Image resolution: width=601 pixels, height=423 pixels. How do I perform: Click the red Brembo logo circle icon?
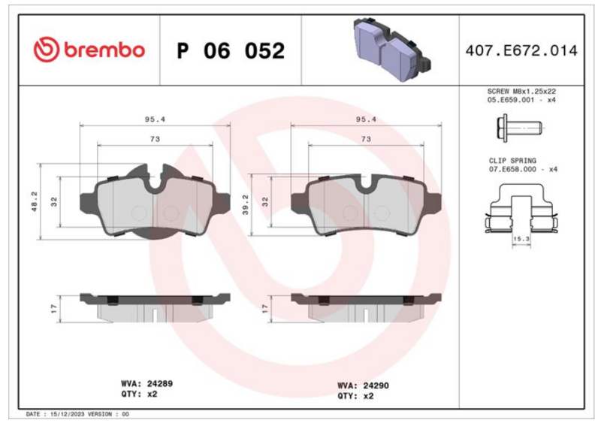click(x=47, y=50)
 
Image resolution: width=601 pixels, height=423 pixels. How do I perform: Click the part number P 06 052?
click(x=231, y=50)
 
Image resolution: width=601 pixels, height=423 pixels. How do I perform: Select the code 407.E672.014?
click(x=521, y=50)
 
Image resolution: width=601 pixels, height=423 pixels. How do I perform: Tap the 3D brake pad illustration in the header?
click(x=391, y=49)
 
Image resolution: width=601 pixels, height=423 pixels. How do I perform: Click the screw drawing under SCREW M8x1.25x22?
click(x=519, y=128)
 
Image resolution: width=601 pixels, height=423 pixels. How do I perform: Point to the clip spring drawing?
click(x=521, y=209)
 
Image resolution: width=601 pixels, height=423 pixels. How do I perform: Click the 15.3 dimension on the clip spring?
click(x=521, y=239)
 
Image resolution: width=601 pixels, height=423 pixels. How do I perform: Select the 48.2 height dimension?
click(x=35, y=201)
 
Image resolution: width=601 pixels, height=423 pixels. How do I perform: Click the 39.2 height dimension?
click(x=246, y=204)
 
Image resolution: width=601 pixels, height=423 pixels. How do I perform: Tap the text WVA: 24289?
click(x=146, y=383)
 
